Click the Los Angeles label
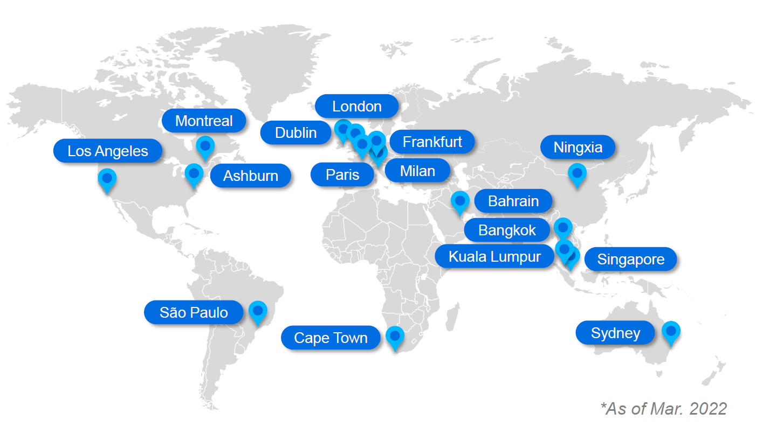tap(107, 151)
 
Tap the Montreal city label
tap(204, 121)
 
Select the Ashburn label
tap(250, 176)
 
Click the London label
tap(356, 106)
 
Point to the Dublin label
tap(295, 132)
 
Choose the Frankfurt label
tap(432, 142)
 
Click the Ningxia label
tap(578, 146)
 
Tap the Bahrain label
tap(513, 201)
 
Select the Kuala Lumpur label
tap(494, 256)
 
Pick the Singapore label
tap(630, 260)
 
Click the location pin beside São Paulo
tap(258, 312)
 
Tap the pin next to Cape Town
tap(395, 337)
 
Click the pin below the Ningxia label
tap(577, 174)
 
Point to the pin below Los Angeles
tap(107, 179)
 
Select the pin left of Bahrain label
tap(459, 201)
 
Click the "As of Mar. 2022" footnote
tap(663, 408)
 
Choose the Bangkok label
tap(507, 230)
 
